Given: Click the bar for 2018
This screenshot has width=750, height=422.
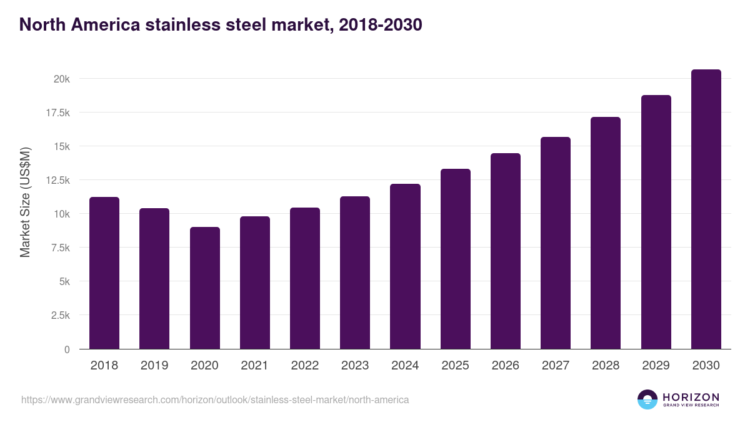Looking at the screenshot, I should [104, 273].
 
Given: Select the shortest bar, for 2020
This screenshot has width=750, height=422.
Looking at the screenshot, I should [205, 288].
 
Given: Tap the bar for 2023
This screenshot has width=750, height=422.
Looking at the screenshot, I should [355, 273].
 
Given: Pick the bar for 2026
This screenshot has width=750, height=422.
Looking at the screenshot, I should [506, 251].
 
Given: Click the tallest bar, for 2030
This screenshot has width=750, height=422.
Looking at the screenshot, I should [706, 209].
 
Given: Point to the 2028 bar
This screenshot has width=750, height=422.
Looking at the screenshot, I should [606, 233].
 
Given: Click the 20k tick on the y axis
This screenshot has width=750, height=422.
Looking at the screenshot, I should [61, 79].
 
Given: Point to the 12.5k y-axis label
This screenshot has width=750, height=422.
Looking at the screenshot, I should [57, 180].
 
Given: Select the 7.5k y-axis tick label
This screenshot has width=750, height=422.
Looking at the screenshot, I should [59, 248].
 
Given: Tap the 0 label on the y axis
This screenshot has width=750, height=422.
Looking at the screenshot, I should [67, 349].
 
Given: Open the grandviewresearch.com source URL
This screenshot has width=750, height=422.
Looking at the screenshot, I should [215, 399].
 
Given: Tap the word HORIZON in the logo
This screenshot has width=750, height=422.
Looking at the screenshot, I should [691, 397].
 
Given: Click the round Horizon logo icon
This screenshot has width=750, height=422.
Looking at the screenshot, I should [647, 399].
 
